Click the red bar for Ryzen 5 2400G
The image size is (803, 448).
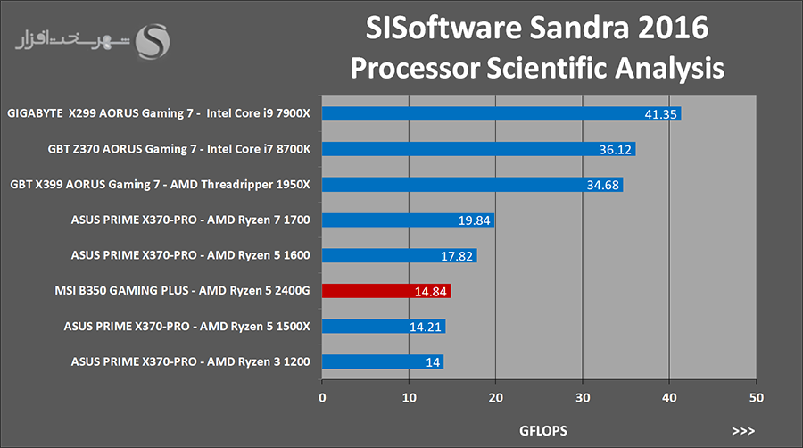(386, 290)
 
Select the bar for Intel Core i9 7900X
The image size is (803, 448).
(501, 113)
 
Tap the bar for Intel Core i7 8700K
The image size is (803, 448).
(478, 149)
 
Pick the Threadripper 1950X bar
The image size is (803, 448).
(472, 185)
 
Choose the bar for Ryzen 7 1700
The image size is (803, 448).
(408, 220)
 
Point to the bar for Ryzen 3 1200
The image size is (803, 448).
(382, 361)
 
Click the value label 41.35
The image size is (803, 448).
(661, 114)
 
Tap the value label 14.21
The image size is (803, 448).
(426, 327)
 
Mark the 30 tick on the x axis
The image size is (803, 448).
(583, 396)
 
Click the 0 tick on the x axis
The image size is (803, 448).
(322, 396)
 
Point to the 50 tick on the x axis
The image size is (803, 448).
(756, 396)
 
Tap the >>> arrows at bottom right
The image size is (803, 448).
(742, 430)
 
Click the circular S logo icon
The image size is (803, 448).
(158, 42)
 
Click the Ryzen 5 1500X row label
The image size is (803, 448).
(187, 327)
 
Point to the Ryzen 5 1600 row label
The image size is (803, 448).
(191, 255)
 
